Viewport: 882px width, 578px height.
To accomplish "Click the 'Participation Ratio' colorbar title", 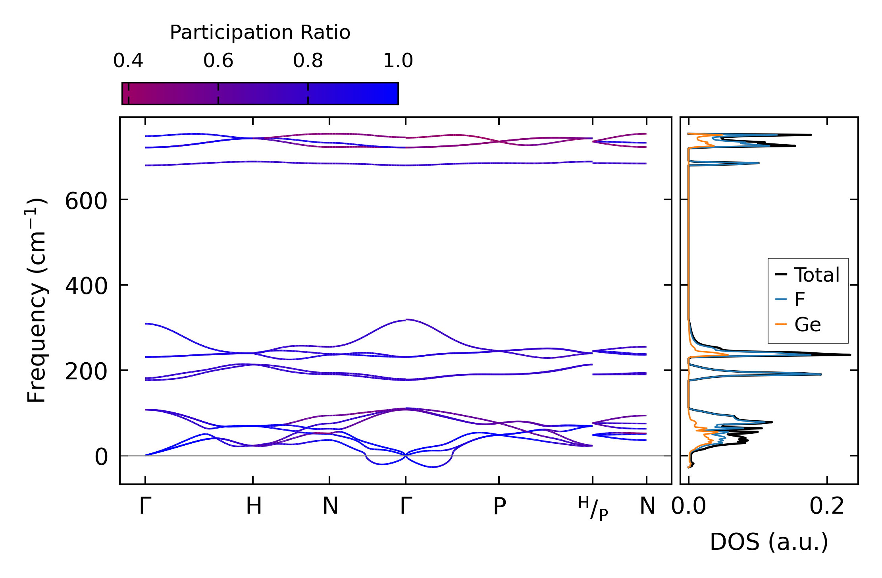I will (x=260, y=33).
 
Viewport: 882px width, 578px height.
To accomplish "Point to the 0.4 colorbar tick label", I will (x=128, y=61).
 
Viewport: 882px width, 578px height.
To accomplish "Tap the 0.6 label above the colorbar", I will (x=218, y=61).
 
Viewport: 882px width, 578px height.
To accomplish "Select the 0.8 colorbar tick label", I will (x=308, y=61).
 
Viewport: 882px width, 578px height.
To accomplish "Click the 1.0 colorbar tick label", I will (x=398, y=61).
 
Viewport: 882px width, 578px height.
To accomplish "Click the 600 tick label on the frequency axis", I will (x=86, y=201).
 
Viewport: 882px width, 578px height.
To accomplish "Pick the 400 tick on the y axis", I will (x=86, y=286).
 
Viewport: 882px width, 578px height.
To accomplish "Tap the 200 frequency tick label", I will (x=86, y=372).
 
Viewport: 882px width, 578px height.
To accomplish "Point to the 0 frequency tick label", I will (x=101, y=457).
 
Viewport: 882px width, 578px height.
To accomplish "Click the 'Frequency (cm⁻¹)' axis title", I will (x=37, y=300).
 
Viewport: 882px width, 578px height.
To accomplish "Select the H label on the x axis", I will (x=254, y=506).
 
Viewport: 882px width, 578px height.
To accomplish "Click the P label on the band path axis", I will (x=499, y=506).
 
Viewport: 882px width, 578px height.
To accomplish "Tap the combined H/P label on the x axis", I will (x=593, y=508).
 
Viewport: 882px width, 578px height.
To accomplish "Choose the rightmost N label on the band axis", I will (x=647, y=506).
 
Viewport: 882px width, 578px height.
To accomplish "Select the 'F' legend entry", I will (x=799, y=300).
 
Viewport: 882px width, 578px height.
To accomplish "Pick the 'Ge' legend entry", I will (x=807, y=325).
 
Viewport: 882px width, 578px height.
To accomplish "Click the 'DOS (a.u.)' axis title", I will (x=769, y=542).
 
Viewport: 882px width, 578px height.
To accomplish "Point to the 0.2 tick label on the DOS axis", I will (x=827, y=506).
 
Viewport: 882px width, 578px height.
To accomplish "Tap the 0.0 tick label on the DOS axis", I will (x=689, y=506).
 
